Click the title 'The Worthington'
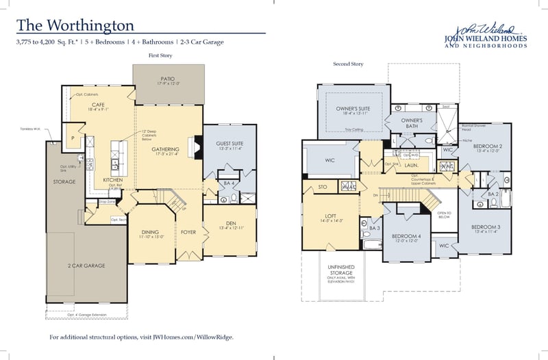[75, 25]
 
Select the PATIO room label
[168, 79]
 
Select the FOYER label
[188, 232]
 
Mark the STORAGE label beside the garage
[64, 182]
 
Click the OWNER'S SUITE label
[353, 109]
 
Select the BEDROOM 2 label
[488, 146]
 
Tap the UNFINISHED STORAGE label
[342, 270]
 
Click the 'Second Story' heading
[348, 64]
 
